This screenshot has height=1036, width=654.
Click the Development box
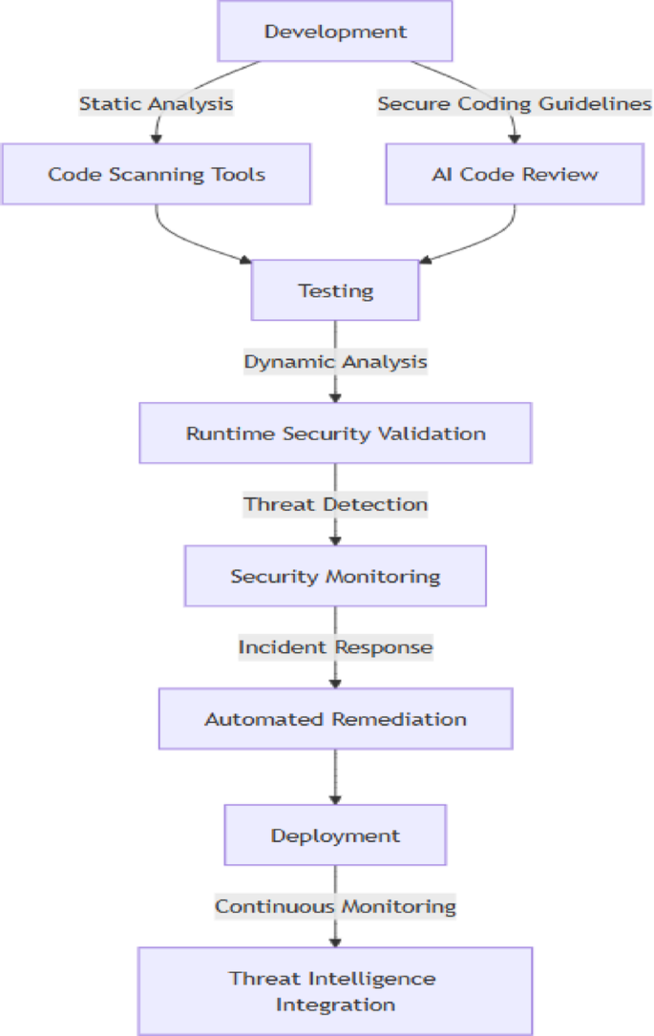point(335,32)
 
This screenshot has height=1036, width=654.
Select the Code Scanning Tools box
point(156,174)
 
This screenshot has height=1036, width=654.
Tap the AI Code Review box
point(514,174)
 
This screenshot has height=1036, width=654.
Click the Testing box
point(335,290)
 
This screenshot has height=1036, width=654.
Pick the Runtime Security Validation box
point(335,433)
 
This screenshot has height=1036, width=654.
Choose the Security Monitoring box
point(335,577)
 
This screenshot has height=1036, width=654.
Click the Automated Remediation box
point(335,719)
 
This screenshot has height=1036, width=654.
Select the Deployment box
point(335,835)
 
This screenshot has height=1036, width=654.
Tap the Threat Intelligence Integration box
point(335,991)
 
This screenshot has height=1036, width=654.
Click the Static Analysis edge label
point(156,103)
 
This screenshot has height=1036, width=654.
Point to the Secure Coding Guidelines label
point(514,103)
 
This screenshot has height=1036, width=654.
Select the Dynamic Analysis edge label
point(335,362)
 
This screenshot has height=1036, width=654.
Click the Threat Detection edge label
point(335,504)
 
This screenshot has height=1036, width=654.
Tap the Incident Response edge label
point(335,647)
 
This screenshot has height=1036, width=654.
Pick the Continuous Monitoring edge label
point(335,906)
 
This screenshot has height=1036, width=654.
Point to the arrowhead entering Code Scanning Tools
point(156,137)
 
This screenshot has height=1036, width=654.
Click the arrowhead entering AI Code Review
point(514,137)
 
